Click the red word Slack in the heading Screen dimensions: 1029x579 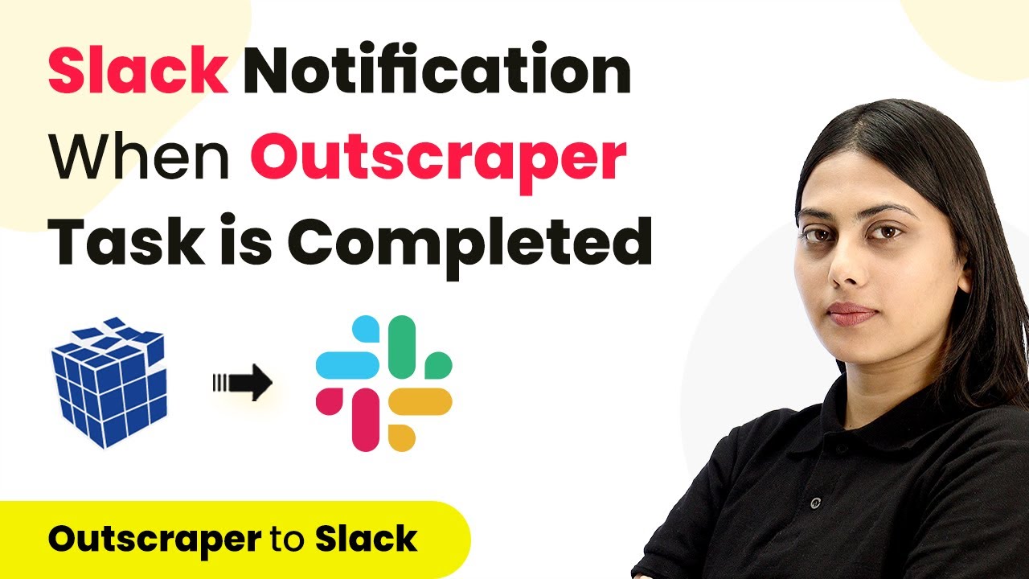[x=137, y=69]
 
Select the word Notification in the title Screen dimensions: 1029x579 [x=437, y=68]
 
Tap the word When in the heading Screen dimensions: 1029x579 [x=140, y=156]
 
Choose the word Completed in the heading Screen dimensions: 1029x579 [x=469, y=246]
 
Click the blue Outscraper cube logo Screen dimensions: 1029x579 [x=109, y=382]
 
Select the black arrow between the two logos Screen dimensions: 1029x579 [x=243, y=382]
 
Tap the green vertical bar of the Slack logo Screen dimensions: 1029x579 [x=402, y=347]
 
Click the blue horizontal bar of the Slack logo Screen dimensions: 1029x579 [x=348, y=365]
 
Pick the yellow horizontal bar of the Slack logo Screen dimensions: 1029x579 [x=420, y=401]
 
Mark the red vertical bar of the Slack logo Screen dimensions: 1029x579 [x=366, y=420]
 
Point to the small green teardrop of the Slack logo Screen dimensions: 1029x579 [x=438, y=365]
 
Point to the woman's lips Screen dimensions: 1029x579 [x=851, y=314]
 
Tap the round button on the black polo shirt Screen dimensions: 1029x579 [x=815, y=503]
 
